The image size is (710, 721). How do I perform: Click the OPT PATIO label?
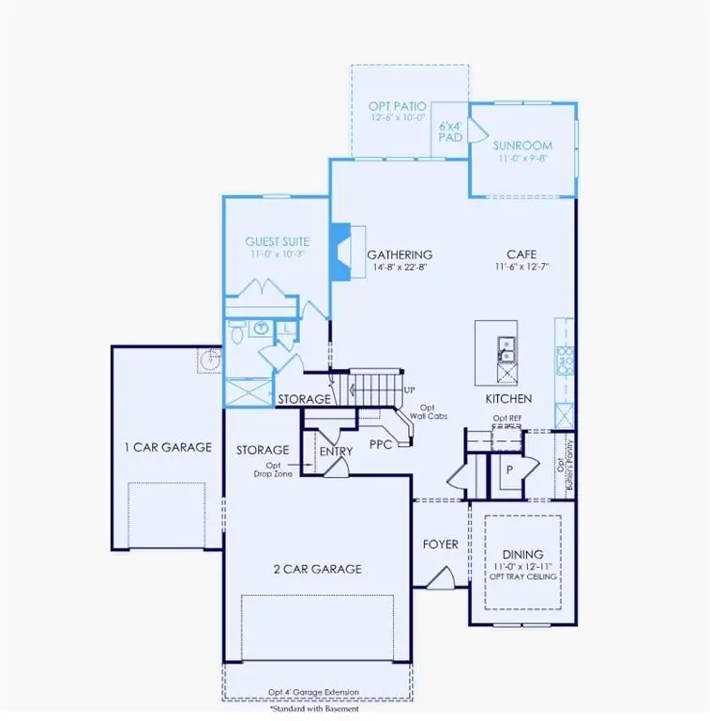pos(397,106)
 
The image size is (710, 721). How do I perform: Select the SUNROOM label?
pos(522,146)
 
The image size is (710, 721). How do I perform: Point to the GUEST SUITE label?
pos(278,241)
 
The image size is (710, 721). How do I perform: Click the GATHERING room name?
pos(400,254)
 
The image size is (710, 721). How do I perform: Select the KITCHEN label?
pos(508,399)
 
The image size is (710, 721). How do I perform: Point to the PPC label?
pos(380,443)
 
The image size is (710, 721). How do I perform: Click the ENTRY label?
pos(336,452)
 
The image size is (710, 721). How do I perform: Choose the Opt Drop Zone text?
pos(273,469)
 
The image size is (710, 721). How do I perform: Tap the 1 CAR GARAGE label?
pos(168,447)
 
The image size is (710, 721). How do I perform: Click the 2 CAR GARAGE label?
pos(317,568)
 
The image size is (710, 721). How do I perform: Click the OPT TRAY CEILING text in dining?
pos(522,576)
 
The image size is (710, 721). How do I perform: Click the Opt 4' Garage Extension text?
pos(312,693)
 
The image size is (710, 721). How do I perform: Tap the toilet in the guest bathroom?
pos(236,330)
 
